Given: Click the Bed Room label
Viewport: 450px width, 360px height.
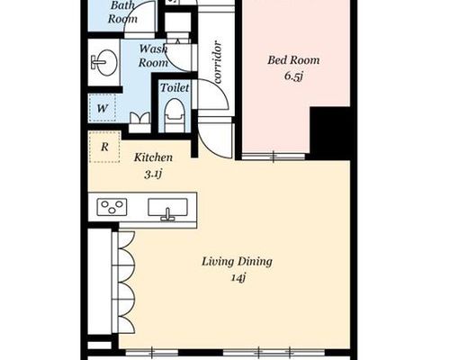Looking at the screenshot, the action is [x=293, y=60].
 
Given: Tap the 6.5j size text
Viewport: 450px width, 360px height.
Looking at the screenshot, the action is [x=293, y=76].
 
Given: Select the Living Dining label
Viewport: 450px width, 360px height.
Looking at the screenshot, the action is [x=237, y=262].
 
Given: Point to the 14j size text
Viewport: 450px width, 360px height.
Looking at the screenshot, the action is [x=238, y=278].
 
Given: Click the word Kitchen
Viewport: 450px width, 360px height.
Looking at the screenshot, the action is [x=153, y=157].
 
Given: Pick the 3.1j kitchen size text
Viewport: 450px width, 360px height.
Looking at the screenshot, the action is [x=153, y=174].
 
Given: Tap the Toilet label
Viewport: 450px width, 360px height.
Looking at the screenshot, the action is [x=175, y=87].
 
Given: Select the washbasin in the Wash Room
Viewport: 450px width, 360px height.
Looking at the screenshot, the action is [x=103, y=62].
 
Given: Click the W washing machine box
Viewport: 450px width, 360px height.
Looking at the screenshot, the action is [x=103, y=108].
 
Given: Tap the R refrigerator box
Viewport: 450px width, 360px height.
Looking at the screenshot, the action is [x=104, y=147].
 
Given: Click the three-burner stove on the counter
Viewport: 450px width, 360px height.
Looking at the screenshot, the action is [x=112, y=207].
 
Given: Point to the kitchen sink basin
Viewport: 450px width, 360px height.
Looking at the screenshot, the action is [x=167, y=208].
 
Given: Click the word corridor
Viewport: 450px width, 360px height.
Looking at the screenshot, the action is [x=218, y=62].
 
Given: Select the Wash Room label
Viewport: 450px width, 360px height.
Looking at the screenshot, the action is [x=153, y=56].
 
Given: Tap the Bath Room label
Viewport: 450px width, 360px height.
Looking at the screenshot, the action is [x=122, y=12].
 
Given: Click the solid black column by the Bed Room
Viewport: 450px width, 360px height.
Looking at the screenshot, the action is [x=330, y=133].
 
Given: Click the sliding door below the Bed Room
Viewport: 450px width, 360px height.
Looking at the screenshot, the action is [x=274, y=157].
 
